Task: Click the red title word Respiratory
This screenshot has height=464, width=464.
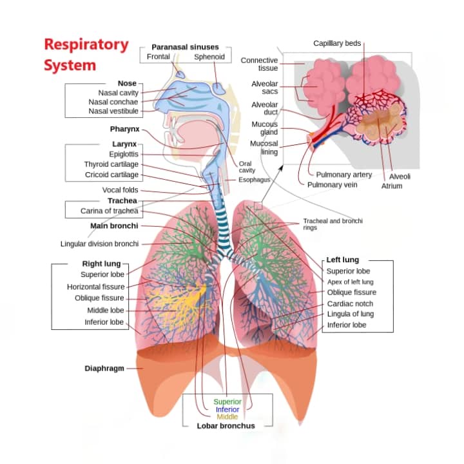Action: [86, 45]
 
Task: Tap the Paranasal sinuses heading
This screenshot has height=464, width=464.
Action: [185, 47]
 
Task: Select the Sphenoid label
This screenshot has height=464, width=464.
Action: [209, 57]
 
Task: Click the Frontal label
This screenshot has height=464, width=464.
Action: [159, 57]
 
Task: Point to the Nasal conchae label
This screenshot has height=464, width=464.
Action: [113, 102]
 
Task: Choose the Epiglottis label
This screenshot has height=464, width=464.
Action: [121, 154]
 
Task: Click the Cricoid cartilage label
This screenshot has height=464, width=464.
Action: [111, 175]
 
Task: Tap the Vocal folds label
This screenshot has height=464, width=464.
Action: [121, 190]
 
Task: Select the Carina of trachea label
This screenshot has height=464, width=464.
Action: [109, 211]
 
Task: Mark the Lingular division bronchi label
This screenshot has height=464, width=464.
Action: [99, 244]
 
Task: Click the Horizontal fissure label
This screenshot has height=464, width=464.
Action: [96, 287]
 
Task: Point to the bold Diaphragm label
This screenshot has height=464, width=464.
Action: [104, 369]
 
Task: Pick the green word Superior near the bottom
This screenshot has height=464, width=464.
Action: [227, 402]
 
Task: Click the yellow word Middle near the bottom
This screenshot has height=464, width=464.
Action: [227, 417]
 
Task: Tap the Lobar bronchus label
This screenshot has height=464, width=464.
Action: [226, 426]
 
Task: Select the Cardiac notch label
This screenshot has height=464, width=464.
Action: [350, 304]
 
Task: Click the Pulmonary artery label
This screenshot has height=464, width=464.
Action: [344, 175]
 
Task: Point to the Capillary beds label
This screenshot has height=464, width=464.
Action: [337, 43]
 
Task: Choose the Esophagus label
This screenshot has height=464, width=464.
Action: [255, 180]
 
